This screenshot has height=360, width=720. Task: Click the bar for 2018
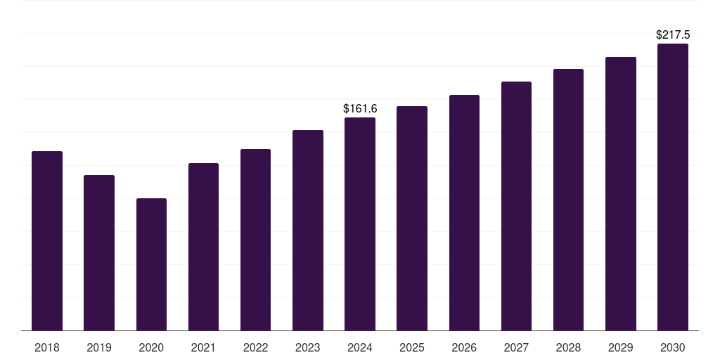(x=47, y=240)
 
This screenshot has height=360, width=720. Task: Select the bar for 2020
(x=152, y=264)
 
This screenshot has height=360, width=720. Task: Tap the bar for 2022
(x=256, y=240)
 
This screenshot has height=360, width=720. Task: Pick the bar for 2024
(x=360, y=224)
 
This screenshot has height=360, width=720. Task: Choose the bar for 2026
(x=464, y=212)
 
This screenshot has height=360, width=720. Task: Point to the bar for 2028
(x=568, y=200)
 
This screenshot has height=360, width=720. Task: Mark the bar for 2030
(x=673, y=187)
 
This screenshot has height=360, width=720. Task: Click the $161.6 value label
(x=361, y=109)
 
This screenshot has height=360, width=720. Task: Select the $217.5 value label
(x=673, y=35)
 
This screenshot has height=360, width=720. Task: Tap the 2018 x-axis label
(x=47, y=347)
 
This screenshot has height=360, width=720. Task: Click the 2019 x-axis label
(x=99, y=347)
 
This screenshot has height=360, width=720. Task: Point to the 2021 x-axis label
(x=203, y=347)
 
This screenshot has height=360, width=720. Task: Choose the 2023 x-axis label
(x=308, y=347)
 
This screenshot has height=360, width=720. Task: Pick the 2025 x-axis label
(x=412, y=347)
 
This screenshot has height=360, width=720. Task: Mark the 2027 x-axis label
(x=516, y=347)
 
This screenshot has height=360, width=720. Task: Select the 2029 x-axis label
(x=620, y=347)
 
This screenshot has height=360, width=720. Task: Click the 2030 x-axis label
(x=673, y=347)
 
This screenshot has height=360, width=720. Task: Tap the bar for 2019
(x=99, y=252)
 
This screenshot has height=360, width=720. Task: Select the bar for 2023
(x=308, y=230)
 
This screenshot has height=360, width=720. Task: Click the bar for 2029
(x=621, y=194)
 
